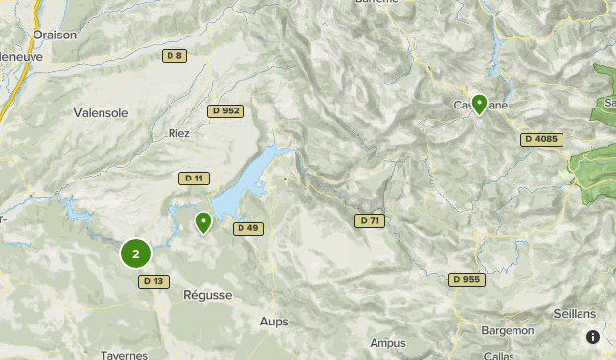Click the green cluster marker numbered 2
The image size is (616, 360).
point(136,253)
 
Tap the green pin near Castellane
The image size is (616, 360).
point(479,103)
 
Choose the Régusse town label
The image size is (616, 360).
point(208,295)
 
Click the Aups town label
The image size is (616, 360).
point(274,322)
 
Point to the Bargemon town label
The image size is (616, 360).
point(509,331)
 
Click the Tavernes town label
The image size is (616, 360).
point(124,355)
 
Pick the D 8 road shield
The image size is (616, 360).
point(174,56)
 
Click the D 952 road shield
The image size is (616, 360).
point(225,111)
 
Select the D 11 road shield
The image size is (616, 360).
point(192,179)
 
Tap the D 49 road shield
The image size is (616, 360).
point(247,228)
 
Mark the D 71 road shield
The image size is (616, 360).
point(369,220)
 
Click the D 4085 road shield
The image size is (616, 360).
point(541,139)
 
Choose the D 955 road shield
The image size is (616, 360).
point(468,279)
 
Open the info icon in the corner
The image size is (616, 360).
point(593,337)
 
